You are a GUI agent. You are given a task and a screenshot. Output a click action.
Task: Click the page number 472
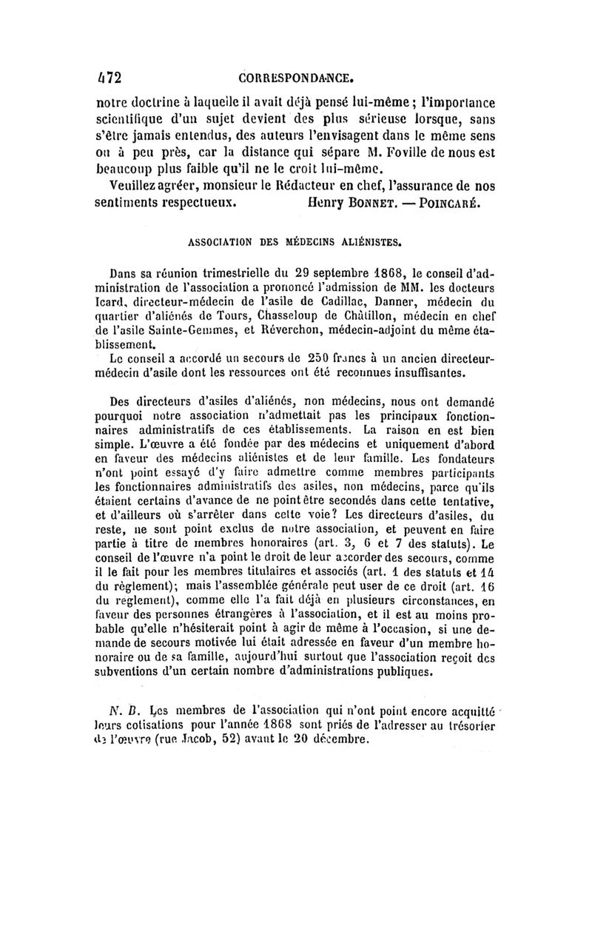(109, 77)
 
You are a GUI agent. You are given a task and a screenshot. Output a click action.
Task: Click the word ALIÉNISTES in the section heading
(366, 241)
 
